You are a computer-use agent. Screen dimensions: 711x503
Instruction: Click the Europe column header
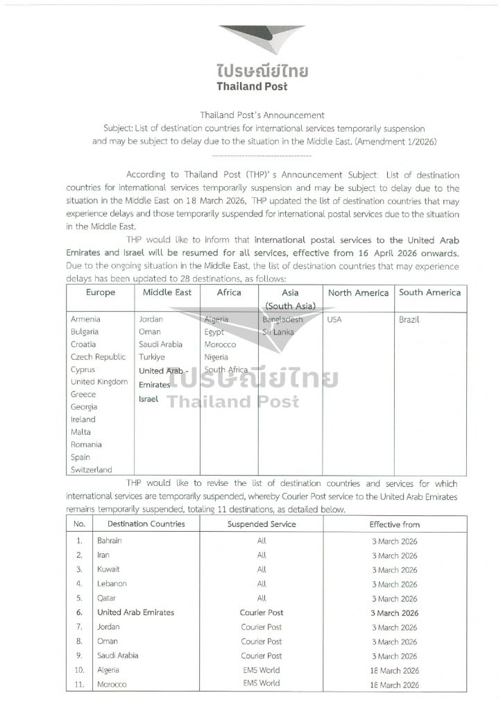coord(101,293)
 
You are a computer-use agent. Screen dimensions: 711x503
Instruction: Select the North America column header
coord(358,293)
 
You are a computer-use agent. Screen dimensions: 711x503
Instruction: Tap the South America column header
coord(429,293)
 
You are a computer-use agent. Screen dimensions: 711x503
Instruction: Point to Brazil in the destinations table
coord(410,320)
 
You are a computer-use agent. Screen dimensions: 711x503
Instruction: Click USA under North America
coord(334,320)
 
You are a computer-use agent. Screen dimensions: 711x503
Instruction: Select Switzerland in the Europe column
coord(91,470)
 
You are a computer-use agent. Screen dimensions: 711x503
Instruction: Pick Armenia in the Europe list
coord(85,319)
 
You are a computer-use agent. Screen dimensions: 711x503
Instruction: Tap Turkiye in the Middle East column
coord(153,357)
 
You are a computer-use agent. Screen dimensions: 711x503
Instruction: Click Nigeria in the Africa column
coord(217,357)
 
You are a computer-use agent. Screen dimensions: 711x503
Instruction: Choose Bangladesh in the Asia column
coord(283,319)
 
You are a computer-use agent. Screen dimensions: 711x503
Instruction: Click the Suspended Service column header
coord(262,524)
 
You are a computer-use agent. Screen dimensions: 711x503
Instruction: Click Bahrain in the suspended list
coord(111,541)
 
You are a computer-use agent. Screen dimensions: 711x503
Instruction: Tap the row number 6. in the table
coord(79,613)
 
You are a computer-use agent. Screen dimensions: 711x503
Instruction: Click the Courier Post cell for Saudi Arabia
coord(261,655)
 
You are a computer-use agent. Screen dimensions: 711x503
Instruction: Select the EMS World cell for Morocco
coord(261,684)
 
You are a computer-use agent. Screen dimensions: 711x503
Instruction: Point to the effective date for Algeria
coord(394,670)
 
